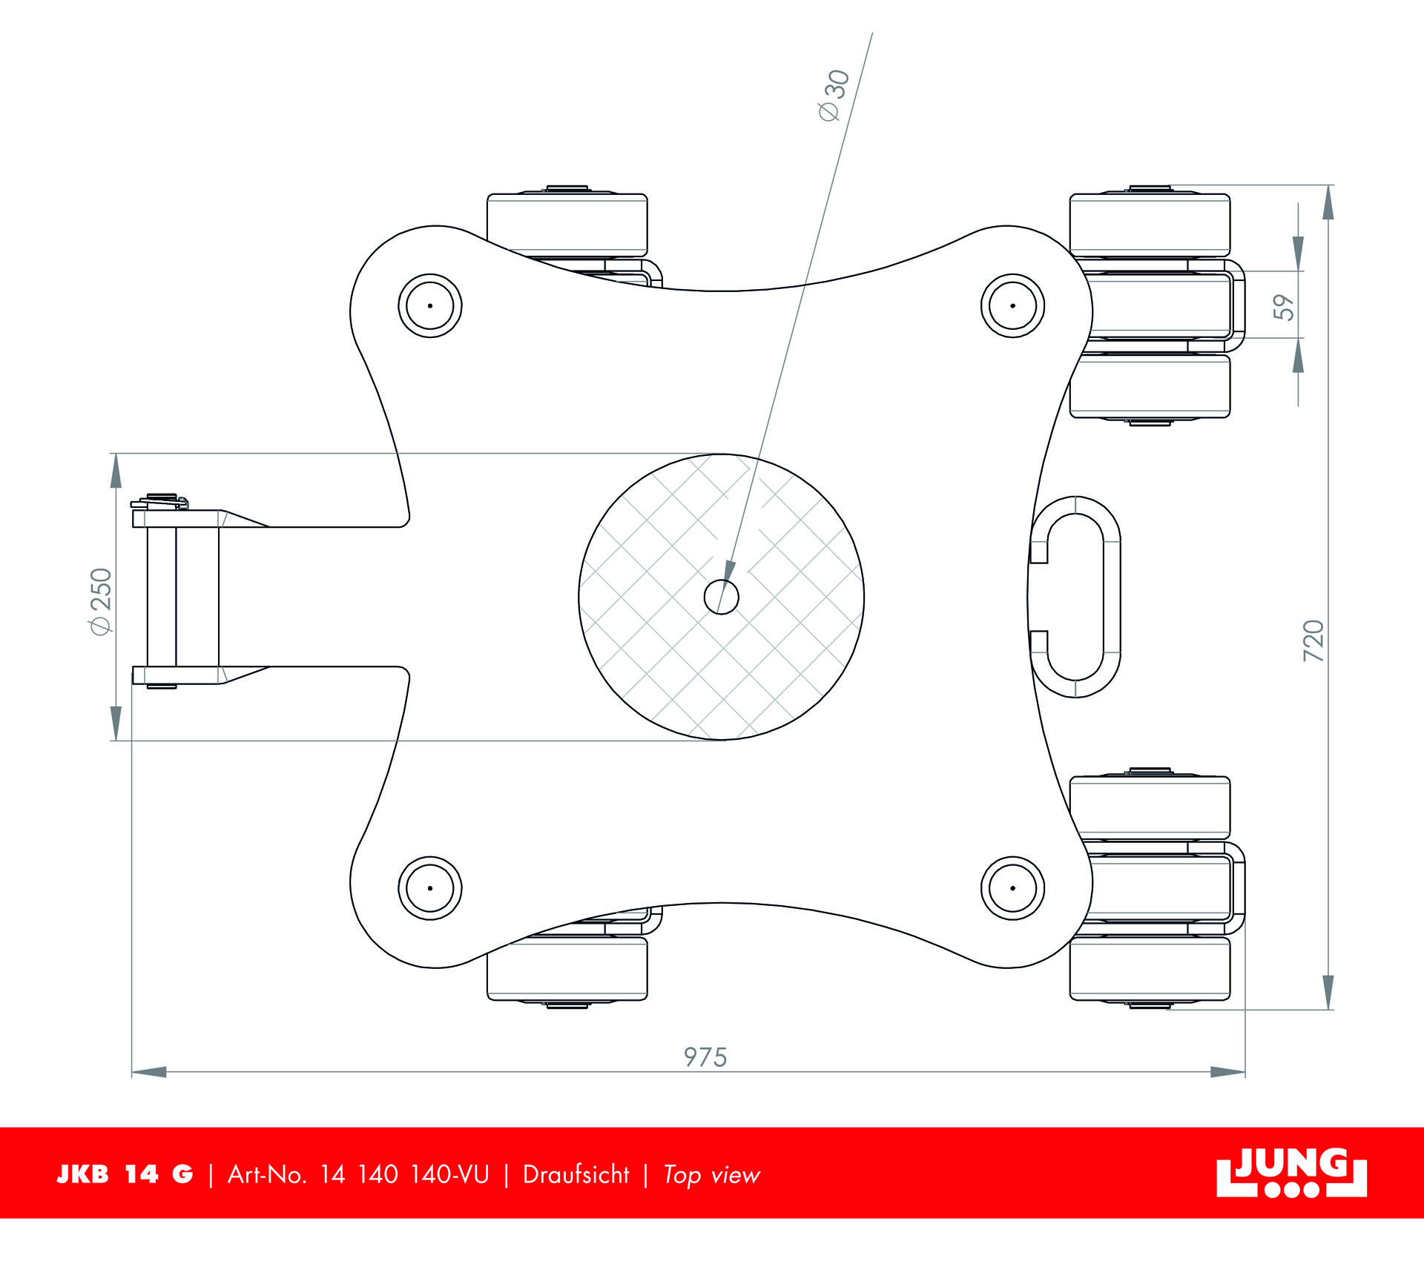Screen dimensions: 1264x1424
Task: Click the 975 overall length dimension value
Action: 705,1057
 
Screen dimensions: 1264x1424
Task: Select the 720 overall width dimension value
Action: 1313,641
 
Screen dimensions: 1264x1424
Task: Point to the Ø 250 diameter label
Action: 100,601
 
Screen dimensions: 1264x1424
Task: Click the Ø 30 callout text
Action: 834,96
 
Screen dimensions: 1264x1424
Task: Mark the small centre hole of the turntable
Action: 721,597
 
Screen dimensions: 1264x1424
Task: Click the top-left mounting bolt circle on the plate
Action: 430,305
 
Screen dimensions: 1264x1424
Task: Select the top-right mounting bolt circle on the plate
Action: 1012,305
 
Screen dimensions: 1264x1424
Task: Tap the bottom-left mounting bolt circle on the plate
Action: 430,887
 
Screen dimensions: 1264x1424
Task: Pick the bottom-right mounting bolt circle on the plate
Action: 1012,887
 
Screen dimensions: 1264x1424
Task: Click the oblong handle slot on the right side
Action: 1075,597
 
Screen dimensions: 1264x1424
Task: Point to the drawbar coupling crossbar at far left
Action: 162,597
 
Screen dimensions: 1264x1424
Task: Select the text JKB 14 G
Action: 125,1174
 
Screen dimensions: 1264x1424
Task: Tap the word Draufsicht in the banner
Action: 576,1174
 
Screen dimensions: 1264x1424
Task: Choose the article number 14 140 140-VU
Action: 405,1174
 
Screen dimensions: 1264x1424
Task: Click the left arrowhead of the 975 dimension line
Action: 148,1071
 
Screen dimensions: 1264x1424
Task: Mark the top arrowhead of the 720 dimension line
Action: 1328,202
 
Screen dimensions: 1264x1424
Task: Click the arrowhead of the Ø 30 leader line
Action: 727,577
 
